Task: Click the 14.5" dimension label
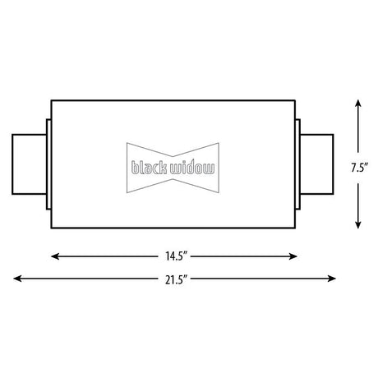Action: pos(176,256)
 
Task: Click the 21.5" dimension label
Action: pos(176,279)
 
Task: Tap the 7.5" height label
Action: pos(359,168)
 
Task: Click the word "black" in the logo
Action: pos(150,168)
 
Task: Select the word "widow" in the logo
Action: pos(192,168)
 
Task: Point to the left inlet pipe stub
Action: pos(30,164)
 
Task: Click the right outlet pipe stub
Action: pos(317,164)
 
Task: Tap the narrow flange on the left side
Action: pos(48,164)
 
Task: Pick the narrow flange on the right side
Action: pos(297,164)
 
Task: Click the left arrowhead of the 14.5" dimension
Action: pos(55,256)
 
